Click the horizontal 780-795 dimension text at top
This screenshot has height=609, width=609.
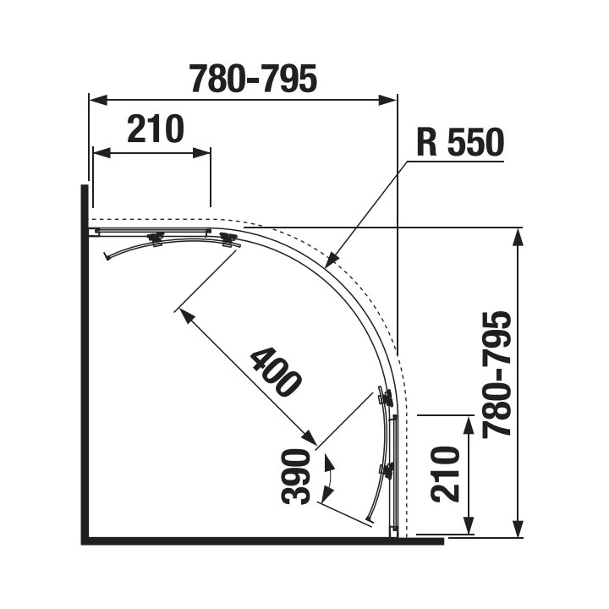click(x=253, y=80)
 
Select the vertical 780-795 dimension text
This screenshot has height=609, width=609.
click(x=496, y=375)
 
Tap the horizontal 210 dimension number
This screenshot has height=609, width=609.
click(x=156, y=129)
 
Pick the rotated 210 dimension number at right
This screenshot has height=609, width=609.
click(x=445, y=475)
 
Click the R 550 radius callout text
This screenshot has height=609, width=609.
click(x=460, y=142)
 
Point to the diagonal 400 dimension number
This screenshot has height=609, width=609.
click(x=275, y=372)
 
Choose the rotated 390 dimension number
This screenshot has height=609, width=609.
click(x=296, y=476)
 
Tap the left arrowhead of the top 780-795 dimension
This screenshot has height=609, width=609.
click(x=98, y=100)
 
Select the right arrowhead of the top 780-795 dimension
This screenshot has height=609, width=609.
click(x=387, y=100)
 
